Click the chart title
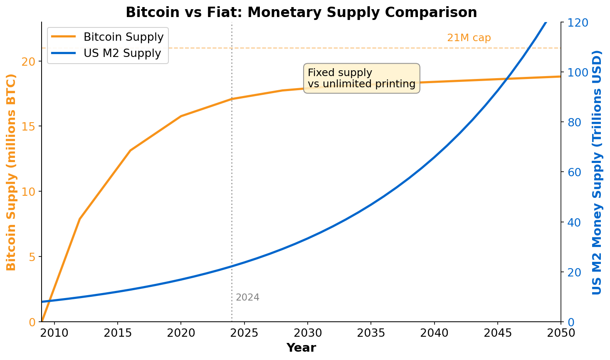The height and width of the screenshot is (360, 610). [x=301, y=12]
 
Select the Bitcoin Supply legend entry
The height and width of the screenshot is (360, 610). [x=123, y=37]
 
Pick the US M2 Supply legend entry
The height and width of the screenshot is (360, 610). [x=122, y=53]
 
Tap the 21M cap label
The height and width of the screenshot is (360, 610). [x=469, y=38]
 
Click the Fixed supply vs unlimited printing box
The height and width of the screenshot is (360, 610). [x=361, y=78]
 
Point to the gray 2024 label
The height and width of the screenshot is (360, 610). [x=247, y=298]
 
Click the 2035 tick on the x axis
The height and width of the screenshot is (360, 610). [x=370, y=333]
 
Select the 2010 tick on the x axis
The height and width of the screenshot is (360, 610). [x=54, y=333]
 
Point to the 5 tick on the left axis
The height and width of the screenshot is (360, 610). [x=34, y=257]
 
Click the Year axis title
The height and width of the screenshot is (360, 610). [x=301, y=348]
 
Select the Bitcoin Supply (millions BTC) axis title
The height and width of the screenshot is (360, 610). [x=11, y=172]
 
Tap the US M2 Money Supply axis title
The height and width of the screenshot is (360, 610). [x=597, y=172]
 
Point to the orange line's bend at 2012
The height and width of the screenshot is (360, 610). [x=79, y=219]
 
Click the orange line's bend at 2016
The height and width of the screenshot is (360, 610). [x=130, y=150]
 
